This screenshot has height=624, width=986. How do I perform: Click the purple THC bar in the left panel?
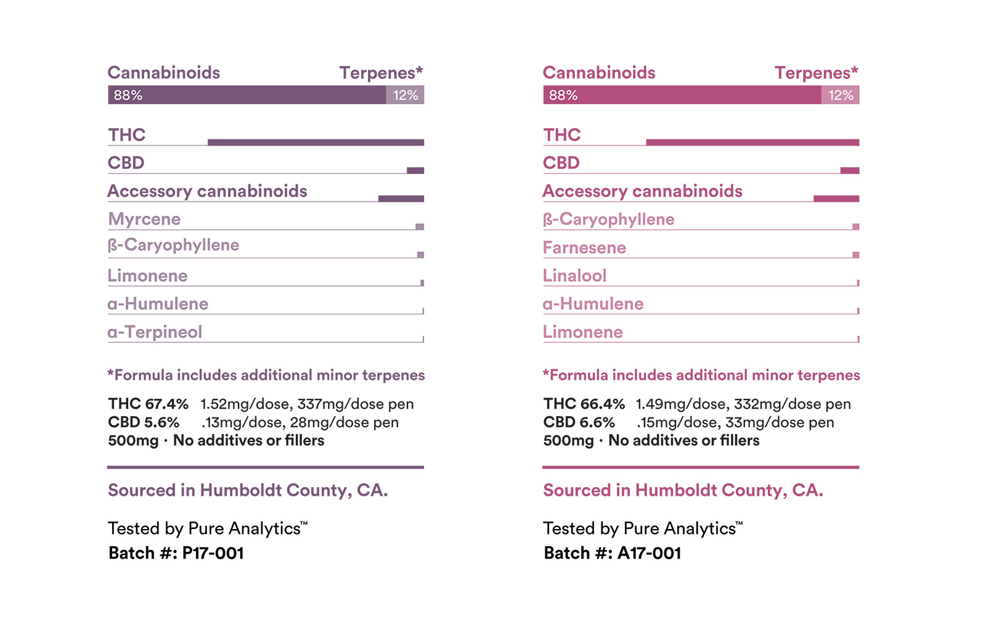coord(316,142)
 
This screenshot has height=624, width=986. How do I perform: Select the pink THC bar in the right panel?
coord(752,142)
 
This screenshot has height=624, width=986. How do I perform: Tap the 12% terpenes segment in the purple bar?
coord(405,95)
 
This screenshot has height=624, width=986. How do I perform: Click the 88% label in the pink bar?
coord(563,95)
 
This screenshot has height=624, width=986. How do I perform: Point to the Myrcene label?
coord(144,220)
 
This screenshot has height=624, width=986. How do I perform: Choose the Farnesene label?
coord(584,248)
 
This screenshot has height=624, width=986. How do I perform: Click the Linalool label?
coord(574,276)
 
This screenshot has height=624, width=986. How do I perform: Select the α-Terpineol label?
coord(155,332)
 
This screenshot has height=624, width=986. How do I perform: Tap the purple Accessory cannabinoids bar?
coord(401,199)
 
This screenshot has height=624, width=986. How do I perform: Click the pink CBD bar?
coord(850,171)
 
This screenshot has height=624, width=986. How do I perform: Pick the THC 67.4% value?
coord(149,404)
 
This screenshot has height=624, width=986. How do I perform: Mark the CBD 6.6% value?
coord(579,422)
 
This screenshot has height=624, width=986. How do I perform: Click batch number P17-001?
coord(213,553)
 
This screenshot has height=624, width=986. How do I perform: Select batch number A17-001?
coord(649,553)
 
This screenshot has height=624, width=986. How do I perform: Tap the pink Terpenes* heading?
coord(816,73)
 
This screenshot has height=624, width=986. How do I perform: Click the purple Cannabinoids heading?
coord(164,73)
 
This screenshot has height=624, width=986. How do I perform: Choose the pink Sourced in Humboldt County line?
coord(683,490)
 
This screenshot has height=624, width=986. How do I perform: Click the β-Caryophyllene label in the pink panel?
coord(608,220)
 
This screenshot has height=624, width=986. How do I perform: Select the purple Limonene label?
coord(147,276)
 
